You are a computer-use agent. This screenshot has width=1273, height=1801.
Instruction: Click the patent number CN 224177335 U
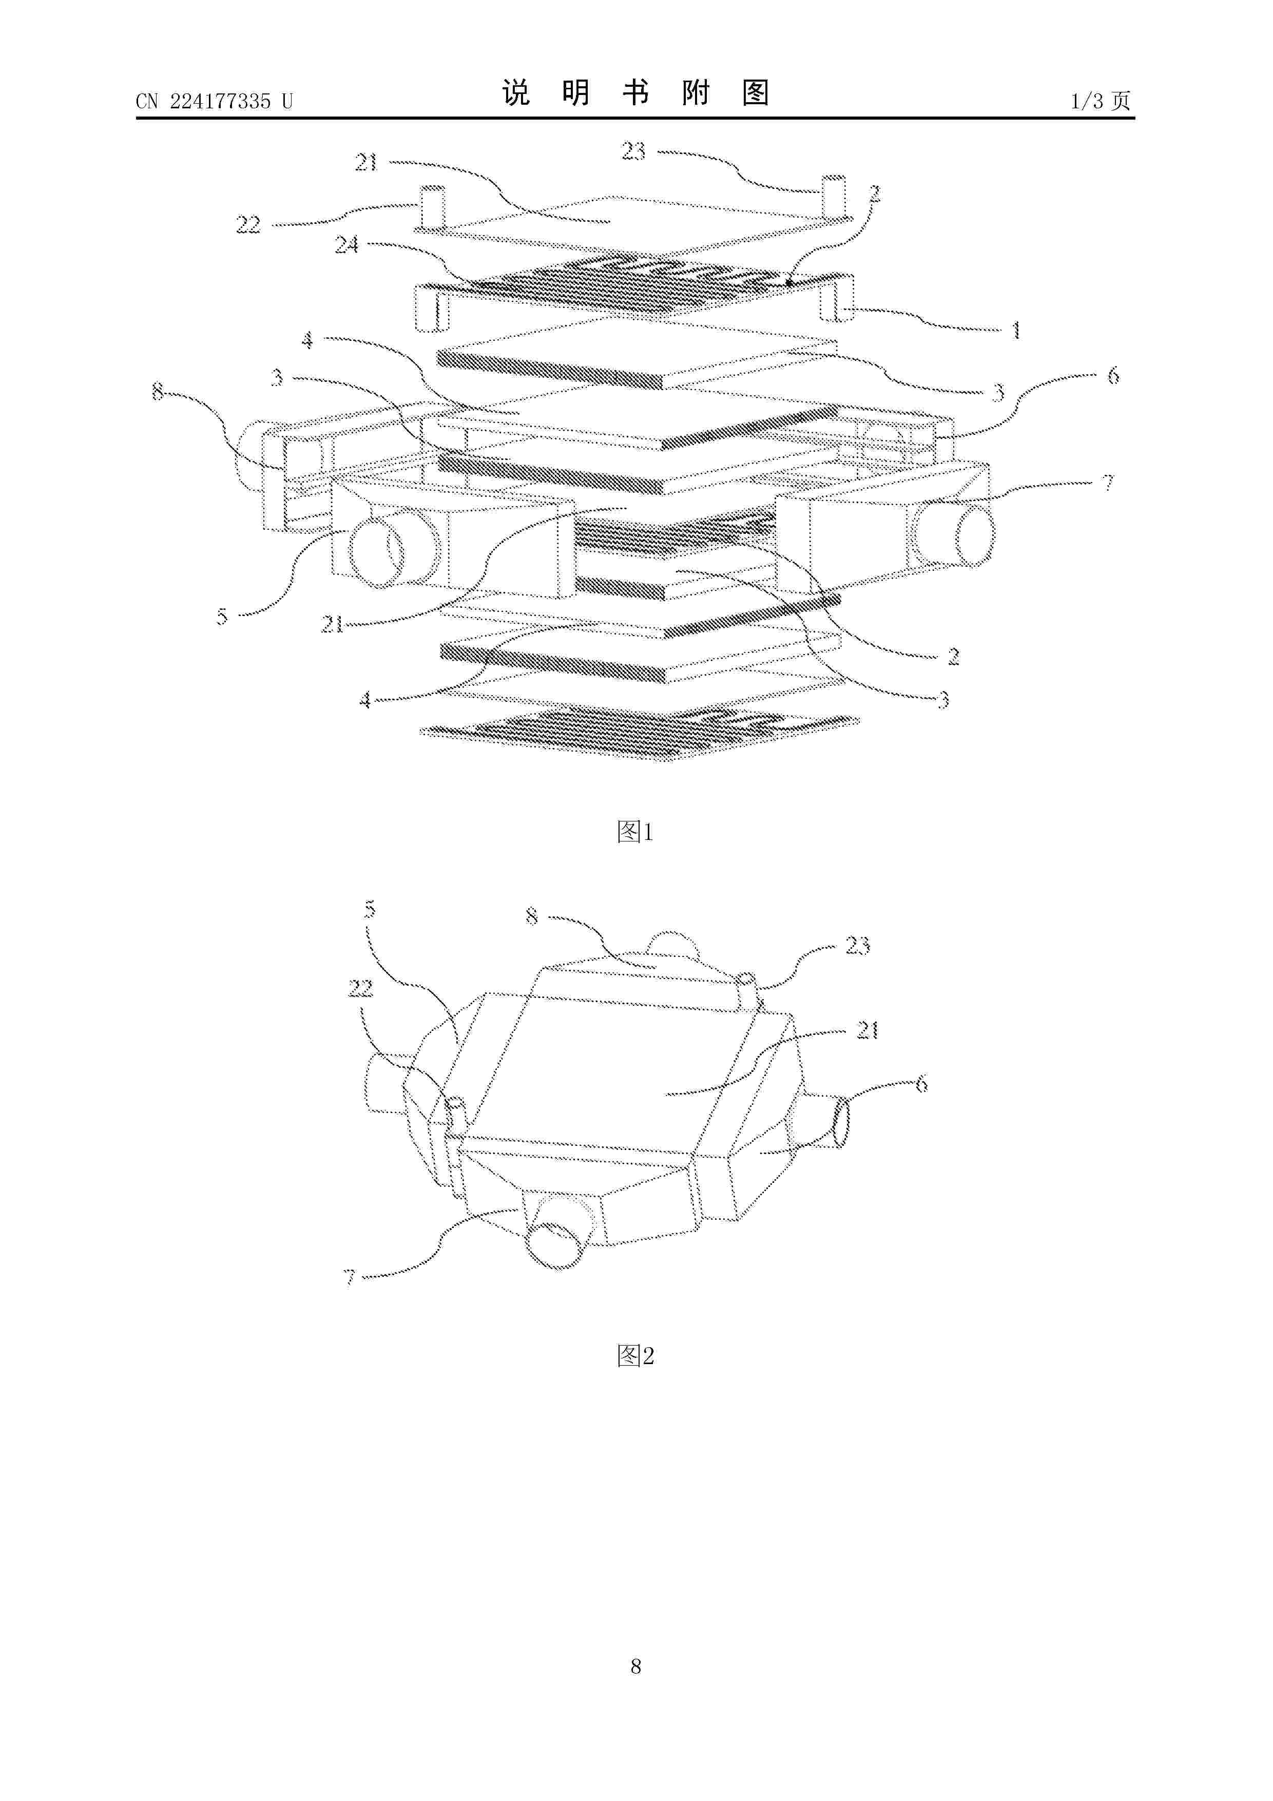coord(214,101)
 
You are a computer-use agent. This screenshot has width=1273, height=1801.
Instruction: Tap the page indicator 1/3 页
coord(1101,101)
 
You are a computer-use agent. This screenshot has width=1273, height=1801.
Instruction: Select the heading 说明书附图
coord(635,93)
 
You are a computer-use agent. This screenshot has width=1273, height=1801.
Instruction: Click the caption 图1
coord(635,832)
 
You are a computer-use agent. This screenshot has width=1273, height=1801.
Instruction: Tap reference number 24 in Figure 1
coord(346,245)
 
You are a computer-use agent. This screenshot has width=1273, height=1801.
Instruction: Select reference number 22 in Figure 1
coord(248,225)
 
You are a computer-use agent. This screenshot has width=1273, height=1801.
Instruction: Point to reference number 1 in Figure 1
coord(1016,330)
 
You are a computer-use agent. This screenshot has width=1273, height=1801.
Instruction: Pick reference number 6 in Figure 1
coord(1112,376)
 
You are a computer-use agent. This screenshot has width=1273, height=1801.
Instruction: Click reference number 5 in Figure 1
coord(222,617)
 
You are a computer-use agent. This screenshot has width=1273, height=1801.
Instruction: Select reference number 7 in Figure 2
coord(350,1278)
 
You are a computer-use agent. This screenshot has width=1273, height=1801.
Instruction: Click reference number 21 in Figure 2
coord(866,1030)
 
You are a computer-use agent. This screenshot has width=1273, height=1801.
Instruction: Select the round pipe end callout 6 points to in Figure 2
coord(840,1122)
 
